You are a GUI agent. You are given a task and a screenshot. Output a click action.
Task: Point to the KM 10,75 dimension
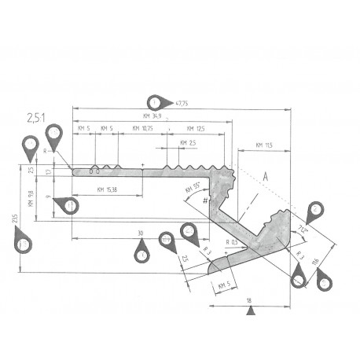[x=142, y=128]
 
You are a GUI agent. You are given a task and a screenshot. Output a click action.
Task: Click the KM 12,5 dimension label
[x=195, y=128]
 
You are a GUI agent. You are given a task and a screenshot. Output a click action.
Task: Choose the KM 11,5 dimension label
[x=263, y=145]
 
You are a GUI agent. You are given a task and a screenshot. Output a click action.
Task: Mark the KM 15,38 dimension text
[x=108, y=189]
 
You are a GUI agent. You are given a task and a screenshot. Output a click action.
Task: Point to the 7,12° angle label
[x=303, y=230]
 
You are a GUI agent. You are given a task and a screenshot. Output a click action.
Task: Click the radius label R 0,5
[x=231, y=242]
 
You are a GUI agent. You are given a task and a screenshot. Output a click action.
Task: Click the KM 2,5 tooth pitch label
[x=189, y=142]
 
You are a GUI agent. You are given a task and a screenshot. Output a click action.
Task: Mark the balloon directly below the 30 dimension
[x=141, y=252]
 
